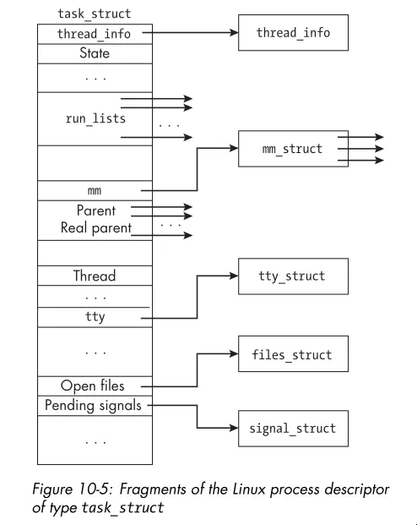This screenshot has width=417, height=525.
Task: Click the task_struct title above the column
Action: click(95, 14)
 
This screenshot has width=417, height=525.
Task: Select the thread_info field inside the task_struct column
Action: click(95, 34)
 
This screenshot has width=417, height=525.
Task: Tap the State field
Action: click(95, 53)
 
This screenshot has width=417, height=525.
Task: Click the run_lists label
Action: click(95, 118)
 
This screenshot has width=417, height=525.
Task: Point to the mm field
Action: click(95, 190)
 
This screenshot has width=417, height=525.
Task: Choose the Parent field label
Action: click(95, 211)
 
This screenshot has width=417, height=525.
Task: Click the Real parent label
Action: click(95, 228)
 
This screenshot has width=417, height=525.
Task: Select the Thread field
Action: click(95, 276)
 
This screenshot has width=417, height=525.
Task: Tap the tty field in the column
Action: click(95, 317)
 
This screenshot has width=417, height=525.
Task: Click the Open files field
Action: click(93, 386)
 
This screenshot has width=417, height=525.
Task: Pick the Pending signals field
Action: click(93, 405)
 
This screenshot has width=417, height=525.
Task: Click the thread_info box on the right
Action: click(293, 33)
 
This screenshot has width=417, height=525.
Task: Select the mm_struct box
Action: click(292, 149)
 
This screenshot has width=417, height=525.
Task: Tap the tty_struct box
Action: click(292, 276)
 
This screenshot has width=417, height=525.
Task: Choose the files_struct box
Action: click(292, 355)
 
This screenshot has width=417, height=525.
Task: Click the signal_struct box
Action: click(292, 429)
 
